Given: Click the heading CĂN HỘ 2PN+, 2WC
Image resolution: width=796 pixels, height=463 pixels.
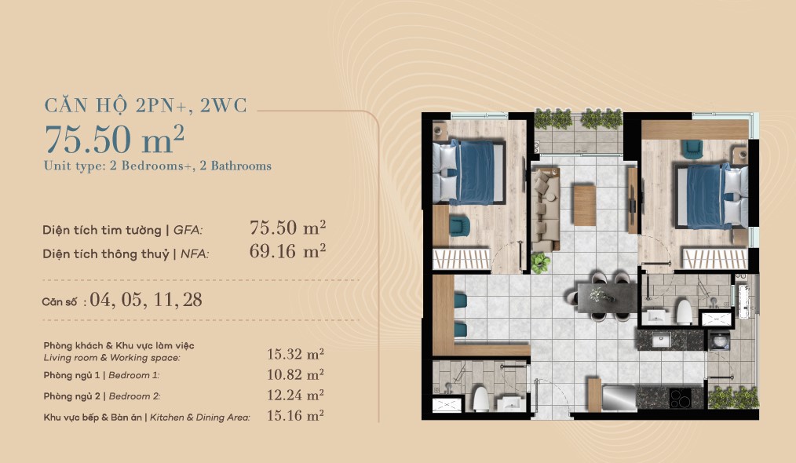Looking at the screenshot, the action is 146,106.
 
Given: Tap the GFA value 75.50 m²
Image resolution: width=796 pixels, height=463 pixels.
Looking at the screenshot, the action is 287,228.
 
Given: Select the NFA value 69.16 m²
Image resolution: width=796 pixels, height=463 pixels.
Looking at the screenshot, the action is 287,251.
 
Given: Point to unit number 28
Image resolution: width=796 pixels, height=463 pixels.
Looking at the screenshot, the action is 192,300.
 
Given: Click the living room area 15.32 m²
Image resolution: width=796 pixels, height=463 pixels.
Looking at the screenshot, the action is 295,354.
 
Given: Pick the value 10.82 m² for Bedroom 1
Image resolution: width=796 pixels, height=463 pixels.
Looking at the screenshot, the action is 295,374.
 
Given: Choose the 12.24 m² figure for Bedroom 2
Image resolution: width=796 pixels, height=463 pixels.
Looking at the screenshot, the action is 295,395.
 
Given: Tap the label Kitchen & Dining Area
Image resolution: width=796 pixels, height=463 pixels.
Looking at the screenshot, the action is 200,417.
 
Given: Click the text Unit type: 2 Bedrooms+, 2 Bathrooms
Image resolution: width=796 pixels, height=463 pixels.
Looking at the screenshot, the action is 157,166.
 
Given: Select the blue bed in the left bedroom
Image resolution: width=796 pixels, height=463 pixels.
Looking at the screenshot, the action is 469,172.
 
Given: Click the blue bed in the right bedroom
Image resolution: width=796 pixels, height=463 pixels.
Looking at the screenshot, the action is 710,195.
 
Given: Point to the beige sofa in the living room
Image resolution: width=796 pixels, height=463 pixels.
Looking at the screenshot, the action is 546,210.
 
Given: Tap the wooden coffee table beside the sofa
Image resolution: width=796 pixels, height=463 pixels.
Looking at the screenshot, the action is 584,205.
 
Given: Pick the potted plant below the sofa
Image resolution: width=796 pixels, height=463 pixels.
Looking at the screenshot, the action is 540,262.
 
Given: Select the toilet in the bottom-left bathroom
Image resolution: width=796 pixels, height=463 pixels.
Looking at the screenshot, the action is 480,399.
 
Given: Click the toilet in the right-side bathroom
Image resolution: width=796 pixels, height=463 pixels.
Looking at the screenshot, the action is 684,312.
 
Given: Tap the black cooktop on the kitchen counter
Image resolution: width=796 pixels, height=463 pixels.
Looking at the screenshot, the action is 681,398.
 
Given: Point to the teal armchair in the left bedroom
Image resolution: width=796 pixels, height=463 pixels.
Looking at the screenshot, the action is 459,227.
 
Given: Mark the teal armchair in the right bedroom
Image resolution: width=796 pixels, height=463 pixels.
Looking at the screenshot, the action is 692,149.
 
